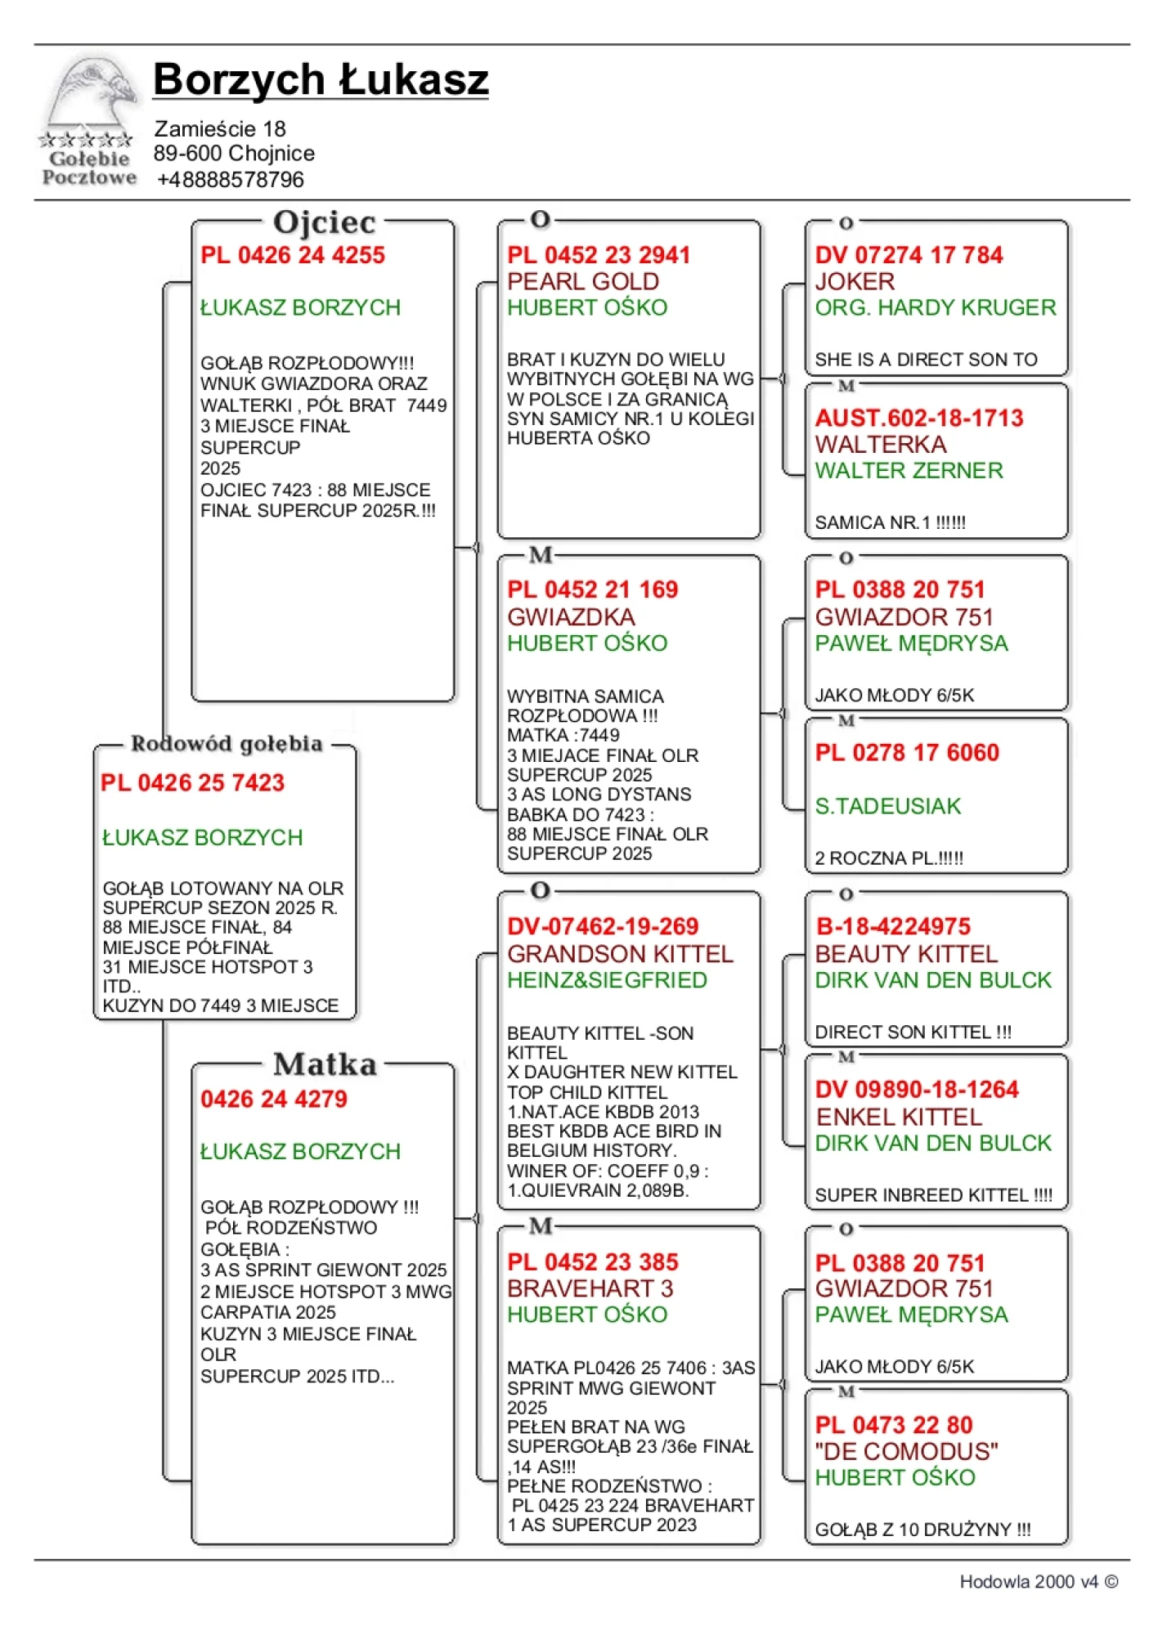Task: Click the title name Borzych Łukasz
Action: (321, 80)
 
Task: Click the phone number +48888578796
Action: (230, 179)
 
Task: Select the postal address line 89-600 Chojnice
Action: (234, 154)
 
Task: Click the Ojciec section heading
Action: (324, 222)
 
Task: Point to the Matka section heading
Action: (325, 1064)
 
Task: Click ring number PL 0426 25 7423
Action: (192, 782)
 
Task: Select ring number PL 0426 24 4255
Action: (292, 255)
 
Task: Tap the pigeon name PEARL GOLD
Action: (582, 281)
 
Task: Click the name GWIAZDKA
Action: (571, 616)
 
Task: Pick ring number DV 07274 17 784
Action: (908, 255)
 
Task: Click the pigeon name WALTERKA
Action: (880, 445)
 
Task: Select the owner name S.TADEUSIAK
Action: (887, 806)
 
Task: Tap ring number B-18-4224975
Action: (892, 926)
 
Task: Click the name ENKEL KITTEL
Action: (898, 1117)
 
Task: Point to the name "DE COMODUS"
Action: (906, 1451)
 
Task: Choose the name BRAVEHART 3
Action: (590, 1288)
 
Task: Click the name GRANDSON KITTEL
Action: (620, 954)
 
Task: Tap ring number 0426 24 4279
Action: (273, 1099)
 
